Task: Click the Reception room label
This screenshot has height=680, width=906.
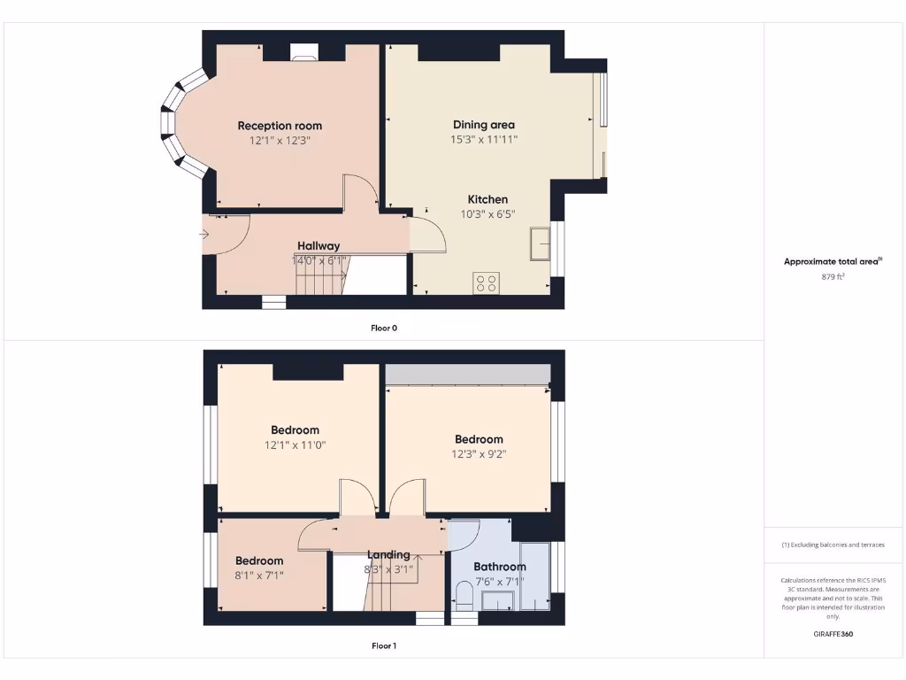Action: [280, 126]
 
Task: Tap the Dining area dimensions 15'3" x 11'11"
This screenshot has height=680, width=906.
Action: [483, 139]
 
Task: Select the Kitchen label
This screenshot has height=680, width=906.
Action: [488, 199]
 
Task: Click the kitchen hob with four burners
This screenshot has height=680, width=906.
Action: [487, 283]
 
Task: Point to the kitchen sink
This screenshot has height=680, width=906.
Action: [540, 243]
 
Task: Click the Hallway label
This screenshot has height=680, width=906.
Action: [319, 246]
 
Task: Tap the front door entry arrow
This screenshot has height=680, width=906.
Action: [204, 235]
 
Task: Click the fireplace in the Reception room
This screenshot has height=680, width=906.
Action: [304, 56]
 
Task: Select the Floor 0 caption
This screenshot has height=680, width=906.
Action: [384, 328]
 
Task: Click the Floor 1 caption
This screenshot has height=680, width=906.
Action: [384, 645]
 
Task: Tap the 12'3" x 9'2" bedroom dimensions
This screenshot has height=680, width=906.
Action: [479, 454]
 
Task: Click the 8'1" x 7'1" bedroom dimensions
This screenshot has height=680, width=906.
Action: [259, 575]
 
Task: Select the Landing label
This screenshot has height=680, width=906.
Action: [388, 555]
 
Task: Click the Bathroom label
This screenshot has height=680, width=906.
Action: [499, 567]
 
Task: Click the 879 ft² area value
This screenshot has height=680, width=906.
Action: [833, 276]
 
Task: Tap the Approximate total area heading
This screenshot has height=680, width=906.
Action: [833, 261]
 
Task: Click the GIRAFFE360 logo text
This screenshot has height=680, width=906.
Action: [833, 634]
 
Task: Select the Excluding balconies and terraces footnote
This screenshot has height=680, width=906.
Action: [833, 545]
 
